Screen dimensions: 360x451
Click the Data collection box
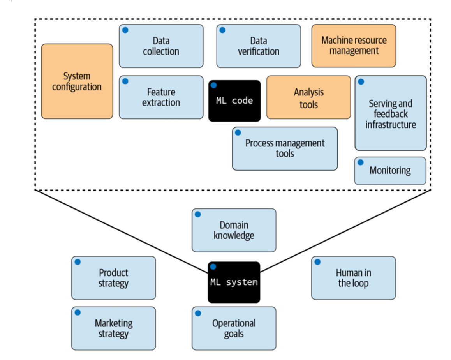click(161, 46)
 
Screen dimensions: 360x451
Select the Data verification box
click(259, 46)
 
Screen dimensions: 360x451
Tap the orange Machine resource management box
click(354, 46)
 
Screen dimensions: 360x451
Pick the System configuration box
click(77, 81)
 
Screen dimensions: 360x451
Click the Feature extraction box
click(161, 97)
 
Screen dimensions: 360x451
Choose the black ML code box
click(234, 101)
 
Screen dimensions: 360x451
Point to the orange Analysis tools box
click(308, 97)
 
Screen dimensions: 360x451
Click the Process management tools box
click(285, 148)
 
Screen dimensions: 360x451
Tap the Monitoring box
click(390, 171)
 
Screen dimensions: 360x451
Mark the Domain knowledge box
click(234, 230)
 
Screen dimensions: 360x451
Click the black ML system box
click(234, 282)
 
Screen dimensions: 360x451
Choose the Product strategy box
click(113, 278)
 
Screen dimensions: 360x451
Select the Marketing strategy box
click(113, 328)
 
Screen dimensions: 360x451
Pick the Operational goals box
click(234, 328)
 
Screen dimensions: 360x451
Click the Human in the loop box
click(353, 278)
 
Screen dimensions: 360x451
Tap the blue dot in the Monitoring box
click(361, 162)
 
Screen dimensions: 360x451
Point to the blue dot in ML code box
click(213, 85)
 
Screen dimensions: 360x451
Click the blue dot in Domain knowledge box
click(198, 214)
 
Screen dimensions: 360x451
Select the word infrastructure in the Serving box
click(390, 125)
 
